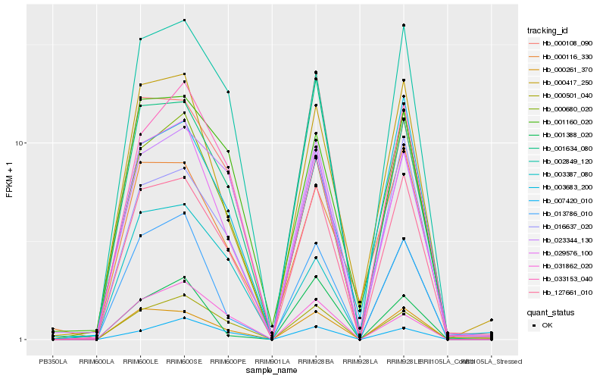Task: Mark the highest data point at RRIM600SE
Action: pyautogui.click(x=184, y=20)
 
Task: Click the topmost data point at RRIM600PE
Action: pyautogui.click(x=228, y=92)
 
